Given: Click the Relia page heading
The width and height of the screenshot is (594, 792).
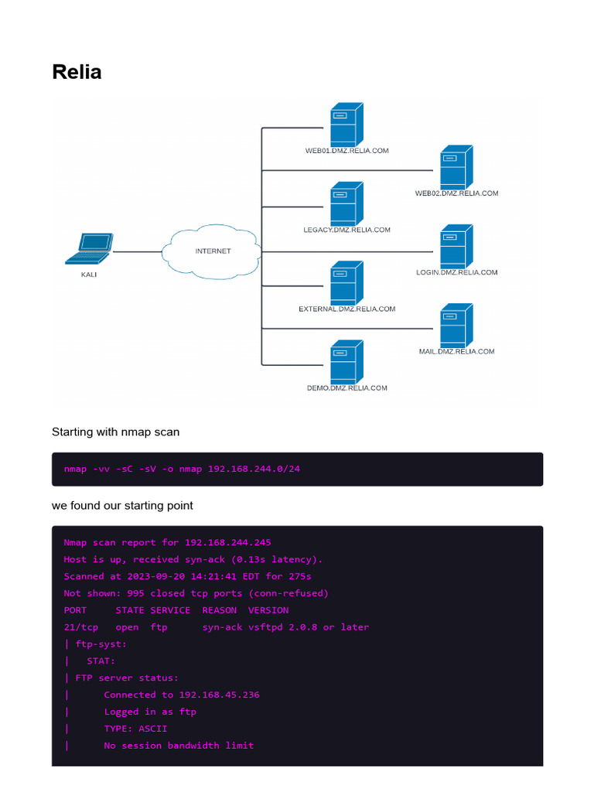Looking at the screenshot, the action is (x=77, y=72).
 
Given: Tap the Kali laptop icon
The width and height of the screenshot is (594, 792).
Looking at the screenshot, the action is (x=90, y=248).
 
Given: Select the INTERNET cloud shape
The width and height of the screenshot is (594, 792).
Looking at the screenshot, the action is (x=212, y=251).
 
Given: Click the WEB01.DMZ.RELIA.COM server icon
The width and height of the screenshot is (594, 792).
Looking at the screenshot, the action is (x=347, y=125).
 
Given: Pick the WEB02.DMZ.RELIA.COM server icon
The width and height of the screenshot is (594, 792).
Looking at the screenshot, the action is (x=456, y=167).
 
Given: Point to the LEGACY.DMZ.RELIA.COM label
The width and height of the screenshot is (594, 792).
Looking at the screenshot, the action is (x=347, y=230).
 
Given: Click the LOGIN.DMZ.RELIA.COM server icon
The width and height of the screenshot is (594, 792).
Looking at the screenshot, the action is (x=456, y=247).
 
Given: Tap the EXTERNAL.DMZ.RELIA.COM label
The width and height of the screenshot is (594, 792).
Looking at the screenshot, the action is (x=347, y=309).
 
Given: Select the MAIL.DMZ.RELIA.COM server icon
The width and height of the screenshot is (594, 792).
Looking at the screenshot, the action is (x=456, y=326).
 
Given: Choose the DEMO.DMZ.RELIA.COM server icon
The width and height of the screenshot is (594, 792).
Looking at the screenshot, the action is (x=347, y=362).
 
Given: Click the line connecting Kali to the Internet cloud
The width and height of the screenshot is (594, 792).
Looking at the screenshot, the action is (x=138, y=251).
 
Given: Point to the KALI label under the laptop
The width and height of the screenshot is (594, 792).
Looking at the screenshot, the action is (x=89, y=275).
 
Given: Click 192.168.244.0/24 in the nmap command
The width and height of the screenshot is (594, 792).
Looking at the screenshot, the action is (x=254, y=469).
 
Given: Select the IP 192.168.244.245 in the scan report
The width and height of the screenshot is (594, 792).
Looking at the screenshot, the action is (x=228, y=542).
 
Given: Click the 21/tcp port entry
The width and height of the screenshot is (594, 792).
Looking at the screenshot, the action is (x=80, y=627).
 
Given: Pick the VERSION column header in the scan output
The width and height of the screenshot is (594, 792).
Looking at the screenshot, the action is (x=268, y=610).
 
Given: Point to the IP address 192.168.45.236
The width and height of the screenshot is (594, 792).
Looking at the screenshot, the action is (x=219, y=695).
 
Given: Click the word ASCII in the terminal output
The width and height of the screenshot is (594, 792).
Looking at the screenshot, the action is (x=152, y=729).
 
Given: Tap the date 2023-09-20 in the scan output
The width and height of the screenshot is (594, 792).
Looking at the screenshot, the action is (x=156, y=576).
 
